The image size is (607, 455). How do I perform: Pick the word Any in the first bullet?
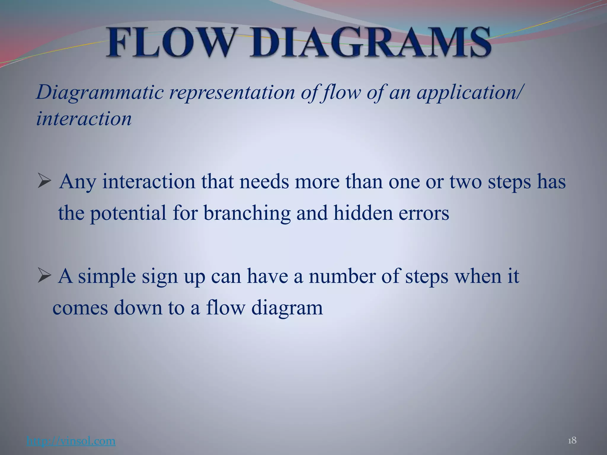coord(78,182)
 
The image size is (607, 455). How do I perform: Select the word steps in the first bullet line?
coord(509,182)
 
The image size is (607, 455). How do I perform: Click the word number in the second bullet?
coord(342,276)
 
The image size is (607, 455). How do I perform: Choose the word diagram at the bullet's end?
coord(287,308)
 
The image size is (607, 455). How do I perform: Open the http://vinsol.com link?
coord(71,441)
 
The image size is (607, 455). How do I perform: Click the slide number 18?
coord(572,440)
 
